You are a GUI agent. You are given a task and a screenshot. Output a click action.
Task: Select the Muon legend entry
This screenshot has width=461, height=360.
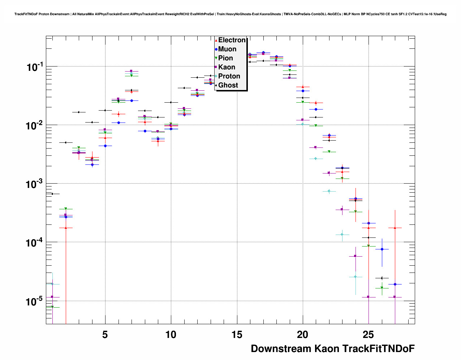click(x=227, y=49)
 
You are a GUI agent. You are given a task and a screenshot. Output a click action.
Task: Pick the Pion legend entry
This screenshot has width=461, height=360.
click(x=225, y=58)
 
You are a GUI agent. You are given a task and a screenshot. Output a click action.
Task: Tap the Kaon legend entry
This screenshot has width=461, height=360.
click(x=227, y=67)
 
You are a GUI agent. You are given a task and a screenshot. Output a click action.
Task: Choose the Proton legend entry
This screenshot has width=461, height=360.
click(x=229, y=76)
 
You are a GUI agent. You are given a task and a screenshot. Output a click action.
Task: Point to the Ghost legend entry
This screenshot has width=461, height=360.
click(x=228, y=85)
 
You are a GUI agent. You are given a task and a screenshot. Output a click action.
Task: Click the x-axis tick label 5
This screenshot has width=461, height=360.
click(x=105, y=335)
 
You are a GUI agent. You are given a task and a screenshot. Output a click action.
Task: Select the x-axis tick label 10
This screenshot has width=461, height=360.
click(x=171, y=335)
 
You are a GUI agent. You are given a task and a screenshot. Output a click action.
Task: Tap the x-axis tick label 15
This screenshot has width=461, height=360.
click(x=237, y=335)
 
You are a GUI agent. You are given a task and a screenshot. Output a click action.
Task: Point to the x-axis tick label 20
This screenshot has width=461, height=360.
click(x=303, y=335)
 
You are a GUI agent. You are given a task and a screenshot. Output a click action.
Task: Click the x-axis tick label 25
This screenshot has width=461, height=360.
click(x=369, y=335)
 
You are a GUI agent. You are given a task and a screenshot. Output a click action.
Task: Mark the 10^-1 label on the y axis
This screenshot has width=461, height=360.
click(x=35, y=67)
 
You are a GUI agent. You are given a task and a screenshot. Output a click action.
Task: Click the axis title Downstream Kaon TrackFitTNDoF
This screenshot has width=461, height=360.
click(x=332, y=348)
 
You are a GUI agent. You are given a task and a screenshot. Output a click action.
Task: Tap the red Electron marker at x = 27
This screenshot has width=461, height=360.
click(x=395, y=228)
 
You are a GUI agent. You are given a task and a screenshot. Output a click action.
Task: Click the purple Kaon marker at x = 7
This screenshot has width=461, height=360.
click(x=131, y=71)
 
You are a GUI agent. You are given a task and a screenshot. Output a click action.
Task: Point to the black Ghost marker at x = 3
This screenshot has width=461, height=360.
click(x=78, y=112)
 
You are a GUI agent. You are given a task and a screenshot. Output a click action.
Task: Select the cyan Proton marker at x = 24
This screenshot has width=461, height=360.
click(x=356, y=277)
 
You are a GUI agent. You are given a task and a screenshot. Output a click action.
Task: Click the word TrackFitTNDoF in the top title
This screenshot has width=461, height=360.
click(x=26, y=14)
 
